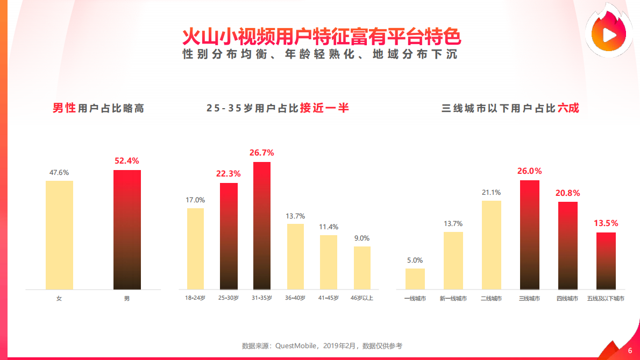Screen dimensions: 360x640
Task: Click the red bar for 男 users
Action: (127, 230)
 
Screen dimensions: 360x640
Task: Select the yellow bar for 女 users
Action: (59, 235)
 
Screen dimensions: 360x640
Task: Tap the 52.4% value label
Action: (127, 160)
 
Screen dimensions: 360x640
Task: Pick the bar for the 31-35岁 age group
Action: (262, 225)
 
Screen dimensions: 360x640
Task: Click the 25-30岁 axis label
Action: (228, 298)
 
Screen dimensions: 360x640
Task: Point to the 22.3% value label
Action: (228, 174)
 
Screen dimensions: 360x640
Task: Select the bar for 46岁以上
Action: (362, 267)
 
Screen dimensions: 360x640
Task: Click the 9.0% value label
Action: (362, 238)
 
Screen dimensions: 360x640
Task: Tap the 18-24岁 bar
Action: (195, 249)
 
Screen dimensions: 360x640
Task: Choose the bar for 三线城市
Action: (530, 235)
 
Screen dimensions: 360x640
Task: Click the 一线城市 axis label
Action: (415, 298)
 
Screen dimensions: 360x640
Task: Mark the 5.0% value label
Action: (415, 260)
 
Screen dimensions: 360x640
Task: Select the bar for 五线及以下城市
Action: (606, 261)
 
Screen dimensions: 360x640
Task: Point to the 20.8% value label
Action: (568, 193)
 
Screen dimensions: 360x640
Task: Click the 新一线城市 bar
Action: (453, 260)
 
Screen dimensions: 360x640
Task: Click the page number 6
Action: (630, 350)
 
